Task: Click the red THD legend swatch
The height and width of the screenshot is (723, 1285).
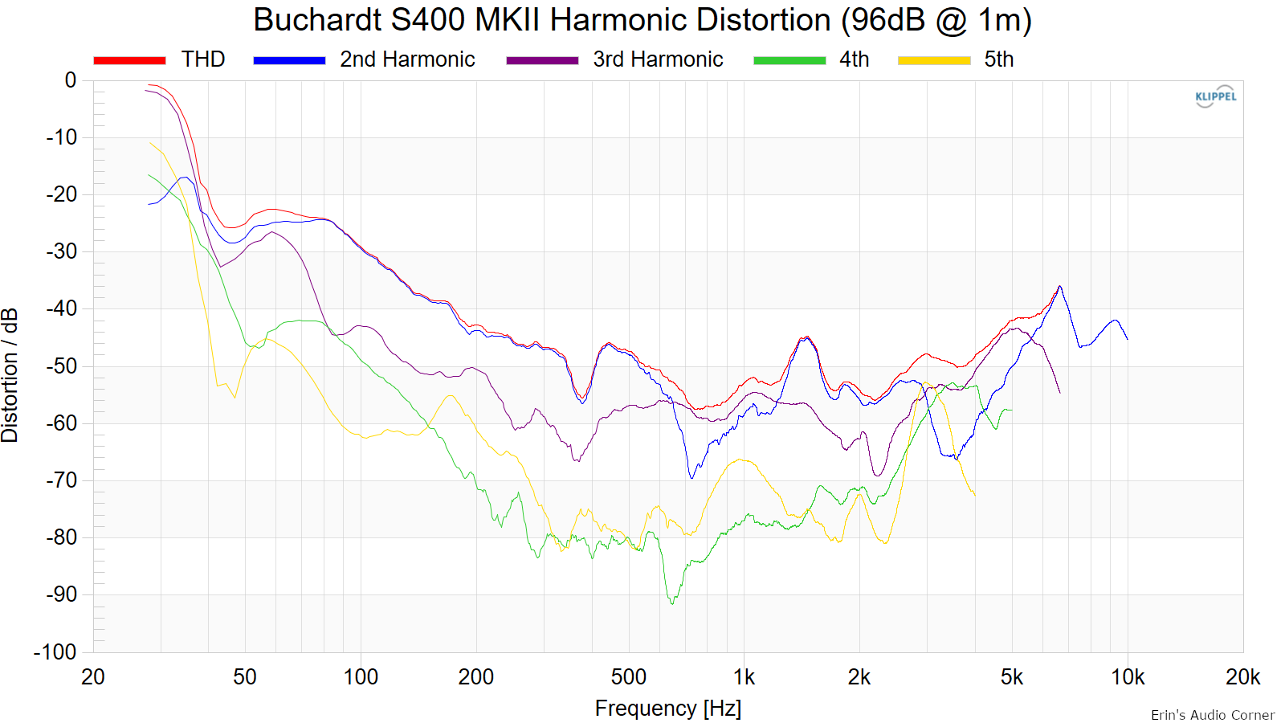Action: point(129,60)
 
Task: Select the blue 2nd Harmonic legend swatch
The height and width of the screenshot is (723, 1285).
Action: point(289,60)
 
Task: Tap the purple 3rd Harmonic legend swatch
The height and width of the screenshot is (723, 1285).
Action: point(542,60)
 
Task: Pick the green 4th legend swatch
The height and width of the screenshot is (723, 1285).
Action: point(789,60)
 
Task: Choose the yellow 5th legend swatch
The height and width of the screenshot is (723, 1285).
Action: point(934,60)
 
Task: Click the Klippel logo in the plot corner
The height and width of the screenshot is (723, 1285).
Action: point(1216,97)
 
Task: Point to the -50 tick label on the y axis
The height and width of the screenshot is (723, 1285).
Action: point(62,366)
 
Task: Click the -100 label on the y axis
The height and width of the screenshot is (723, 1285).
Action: point(55,652)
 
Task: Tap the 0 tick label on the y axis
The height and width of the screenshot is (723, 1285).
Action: point(71,80)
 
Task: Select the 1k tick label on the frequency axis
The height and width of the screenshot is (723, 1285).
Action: point(744,678)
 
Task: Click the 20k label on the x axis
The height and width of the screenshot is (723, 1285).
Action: point(1242,678)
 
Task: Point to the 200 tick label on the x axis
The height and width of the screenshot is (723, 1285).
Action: point(476,678)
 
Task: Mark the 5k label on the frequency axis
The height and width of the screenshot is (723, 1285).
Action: point(1012,678)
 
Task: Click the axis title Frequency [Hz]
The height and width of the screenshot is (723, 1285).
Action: point(667,709)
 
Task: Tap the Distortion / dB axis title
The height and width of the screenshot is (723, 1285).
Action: point(10,375)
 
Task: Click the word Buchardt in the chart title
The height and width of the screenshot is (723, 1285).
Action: point(318,20)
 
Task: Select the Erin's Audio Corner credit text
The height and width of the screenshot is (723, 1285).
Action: point(1213,715)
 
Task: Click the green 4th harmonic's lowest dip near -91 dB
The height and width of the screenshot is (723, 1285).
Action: point(672,603)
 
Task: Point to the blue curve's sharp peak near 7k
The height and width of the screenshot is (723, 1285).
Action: point(1059,286)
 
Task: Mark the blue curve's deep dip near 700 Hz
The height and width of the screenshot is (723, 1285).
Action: point(691,477)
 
